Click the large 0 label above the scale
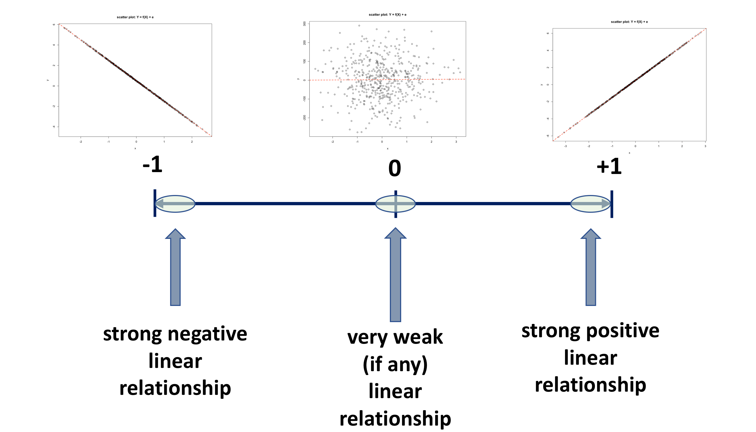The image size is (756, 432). click(x=394, y=168)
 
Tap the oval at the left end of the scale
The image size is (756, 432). click(x=175, y=204)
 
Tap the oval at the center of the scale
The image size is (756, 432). click(x=395, y=204)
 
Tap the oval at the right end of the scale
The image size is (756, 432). click(x=590, y=204)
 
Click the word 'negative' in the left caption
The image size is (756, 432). click(x=207, y=334)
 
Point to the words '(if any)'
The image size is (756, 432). click(x=395, y=364)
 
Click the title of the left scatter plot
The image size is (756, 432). click(x=135, y=17)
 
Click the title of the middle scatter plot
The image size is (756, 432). click(x=387, y=15)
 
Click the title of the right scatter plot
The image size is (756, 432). click(x=629, y=22)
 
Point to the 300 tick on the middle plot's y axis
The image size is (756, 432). click(x=304, y=24)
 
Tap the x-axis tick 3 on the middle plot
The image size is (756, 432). click(x=456, y=142)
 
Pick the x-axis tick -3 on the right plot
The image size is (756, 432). click(x=566, y=146)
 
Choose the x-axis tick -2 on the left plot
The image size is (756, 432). click(x=81, y=142)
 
